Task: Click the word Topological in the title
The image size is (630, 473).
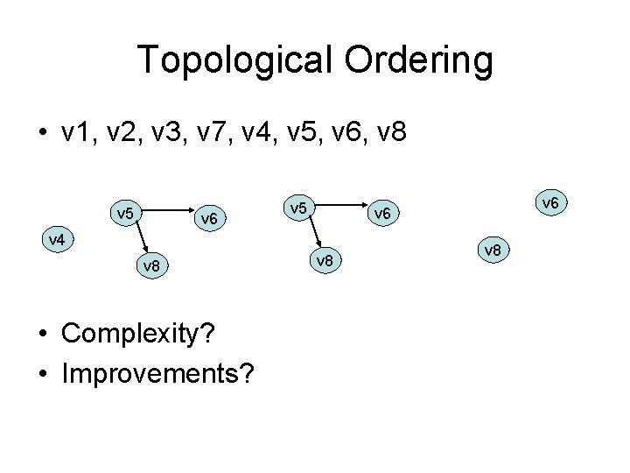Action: click(x=227, y=61)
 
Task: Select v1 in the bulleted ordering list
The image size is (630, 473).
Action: click(x=81, y=133)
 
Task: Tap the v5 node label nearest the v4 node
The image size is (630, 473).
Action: click(x=124, y=212)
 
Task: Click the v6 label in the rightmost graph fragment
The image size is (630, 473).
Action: click(x=550, y=203)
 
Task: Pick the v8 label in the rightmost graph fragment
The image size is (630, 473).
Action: click(x=493, y=251)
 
